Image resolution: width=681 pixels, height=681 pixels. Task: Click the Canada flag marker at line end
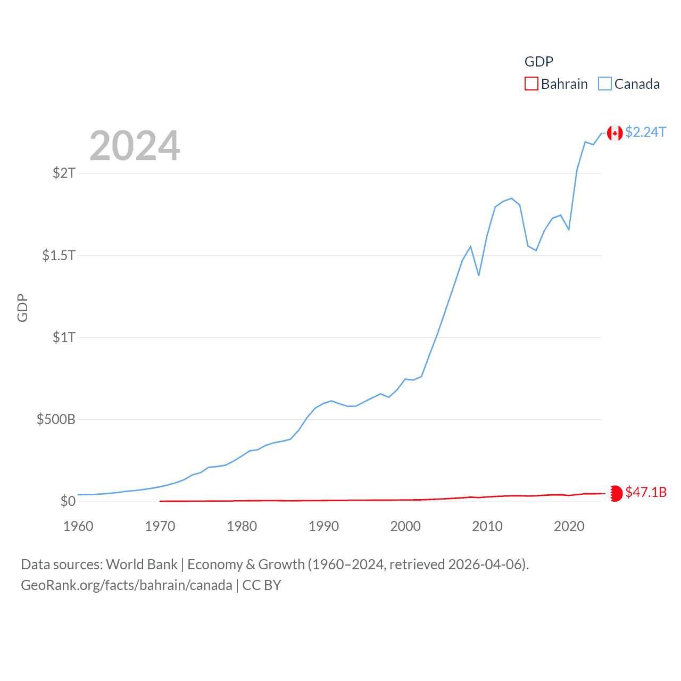[615, 133]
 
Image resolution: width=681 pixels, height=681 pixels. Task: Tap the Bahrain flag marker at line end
[615, 493]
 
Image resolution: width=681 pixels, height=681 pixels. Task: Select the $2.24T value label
[645, 132]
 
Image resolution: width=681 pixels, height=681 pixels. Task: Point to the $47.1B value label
[646, 492]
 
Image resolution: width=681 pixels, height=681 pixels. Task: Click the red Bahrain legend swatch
[531, 84]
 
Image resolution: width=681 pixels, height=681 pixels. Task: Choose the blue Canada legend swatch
[605, 84]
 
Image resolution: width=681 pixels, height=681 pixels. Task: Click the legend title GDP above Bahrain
[538, 62]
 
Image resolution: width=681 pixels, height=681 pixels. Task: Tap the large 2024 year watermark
[135, 146]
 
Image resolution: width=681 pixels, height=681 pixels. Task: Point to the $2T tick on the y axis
[64, 173]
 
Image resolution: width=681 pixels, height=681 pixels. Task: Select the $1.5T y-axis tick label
[59, 255]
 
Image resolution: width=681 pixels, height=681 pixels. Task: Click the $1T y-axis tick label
[64, 337]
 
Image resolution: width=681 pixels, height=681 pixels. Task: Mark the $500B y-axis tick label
[56, 419]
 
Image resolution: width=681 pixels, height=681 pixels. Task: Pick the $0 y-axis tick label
[68, 501]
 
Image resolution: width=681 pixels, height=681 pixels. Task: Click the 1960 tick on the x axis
[78, 526]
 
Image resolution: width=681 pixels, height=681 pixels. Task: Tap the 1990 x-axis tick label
[323, 526]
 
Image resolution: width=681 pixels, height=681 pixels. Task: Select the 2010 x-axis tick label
[487, 526]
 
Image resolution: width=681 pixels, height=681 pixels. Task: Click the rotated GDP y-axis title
[22, 308]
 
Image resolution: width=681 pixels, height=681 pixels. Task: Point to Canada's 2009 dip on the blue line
[479, 275]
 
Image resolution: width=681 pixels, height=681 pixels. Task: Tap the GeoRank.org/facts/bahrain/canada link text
[127, 585]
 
